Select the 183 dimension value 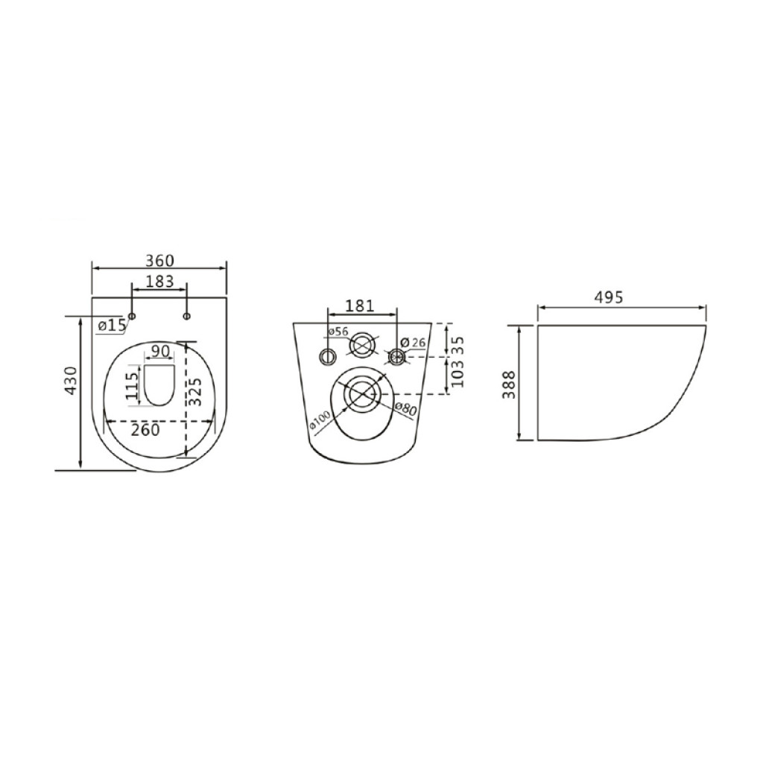159,281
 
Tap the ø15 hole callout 112,325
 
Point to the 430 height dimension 71,381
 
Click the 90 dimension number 159,351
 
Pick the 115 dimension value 133,386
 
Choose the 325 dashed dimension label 194,392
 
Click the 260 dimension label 145,430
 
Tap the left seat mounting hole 132,316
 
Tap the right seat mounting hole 187,316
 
